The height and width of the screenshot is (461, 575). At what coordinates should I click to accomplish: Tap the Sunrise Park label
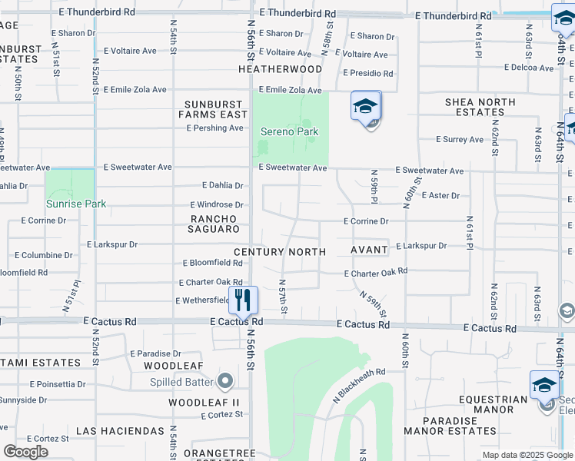click(75, 204)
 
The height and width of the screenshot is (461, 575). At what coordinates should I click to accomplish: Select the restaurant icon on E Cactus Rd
click(244, 300)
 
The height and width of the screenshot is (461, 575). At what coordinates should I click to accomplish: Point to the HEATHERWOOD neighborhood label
click(280, 69)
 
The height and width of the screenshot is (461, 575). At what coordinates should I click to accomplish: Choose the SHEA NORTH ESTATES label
click(480, 107)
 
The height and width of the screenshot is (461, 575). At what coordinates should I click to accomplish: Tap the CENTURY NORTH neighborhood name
click(280, 252)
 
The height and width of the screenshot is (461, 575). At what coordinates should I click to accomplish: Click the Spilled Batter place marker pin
click(225, 380)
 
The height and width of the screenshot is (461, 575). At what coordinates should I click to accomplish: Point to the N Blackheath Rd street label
click(359, 384)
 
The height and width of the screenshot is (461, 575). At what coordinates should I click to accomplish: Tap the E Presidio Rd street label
click(368, 74)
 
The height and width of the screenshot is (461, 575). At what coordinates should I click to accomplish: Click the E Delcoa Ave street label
click(529, 68)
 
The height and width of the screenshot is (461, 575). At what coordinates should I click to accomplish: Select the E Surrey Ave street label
click(460, 140)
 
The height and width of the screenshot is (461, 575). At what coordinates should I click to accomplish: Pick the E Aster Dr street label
click(440, 196)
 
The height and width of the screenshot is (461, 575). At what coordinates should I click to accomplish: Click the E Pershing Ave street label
click(214, 128)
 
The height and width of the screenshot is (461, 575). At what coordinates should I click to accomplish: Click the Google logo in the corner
click(25, 452)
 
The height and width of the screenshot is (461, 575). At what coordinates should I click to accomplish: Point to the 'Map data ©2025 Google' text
click(527, 455)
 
